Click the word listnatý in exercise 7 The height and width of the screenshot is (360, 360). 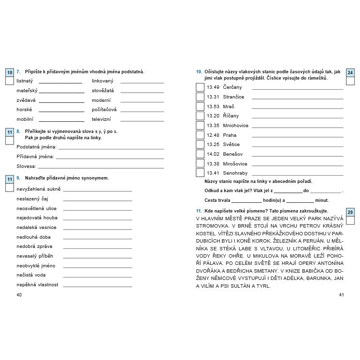[25, 81]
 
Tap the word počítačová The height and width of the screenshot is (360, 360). [104, 110]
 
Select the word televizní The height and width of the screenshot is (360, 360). [101, 119]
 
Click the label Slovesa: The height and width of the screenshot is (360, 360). [26, 166]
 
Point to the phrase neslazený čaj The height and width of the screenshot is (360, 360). [32, 199]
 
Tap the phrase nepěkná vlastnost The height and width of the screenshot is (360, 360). [37, 285]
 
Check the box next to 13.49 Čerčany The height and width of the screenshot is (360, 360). [200, 87]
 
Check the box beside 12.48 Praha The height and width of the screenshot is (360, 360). [200, 135]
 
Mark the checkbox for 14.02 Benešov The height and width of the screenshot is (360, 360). [200, 154]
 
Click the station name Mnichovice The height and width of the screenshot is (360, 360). [235, 125]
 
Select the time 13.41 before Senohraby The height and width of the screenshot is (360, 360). [213, 173]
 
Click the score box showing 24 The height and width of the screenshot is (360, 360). [351, 72]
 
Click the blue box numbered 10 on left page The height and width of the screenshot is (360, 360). [10, 72]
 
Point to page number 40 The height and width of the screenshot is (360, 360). [19, 295]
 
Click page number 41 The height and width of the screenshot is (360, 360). [341, 295]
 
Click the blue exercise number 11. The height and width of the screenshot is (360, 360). [199, 211]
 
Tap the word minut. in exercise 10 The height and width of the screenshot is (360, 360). [322, 200]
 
